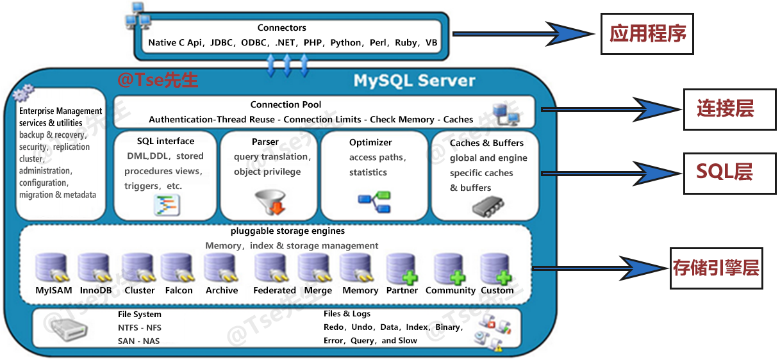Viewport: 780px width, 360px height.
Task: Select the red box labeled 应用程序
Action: coord(647,34)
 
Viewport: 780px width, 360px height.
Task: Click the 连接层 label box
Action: coord(725,110)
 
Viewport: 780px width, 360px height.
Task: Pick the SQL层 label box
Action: coord(725,172)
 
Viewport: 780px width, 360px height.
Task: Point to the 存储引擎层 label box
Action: coord(715,267)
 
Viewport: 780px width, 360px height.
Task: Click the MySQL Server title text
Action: coord(414,81)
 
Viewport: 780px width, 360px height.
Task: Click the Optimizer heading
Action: coord(370,142)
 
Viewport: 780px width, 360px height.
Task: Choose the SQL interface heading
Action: coord(165,141)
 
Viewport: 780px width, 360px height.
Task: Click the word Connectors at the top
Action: coord(281,28)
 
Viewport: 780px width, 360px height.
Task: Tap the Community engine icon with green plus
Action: coord(449,269)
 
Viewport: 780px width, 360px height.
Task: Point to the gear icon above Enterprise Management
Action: coord(24,95)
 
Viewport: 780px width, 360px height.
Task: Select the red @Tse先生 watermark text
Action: coord(158,80)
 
